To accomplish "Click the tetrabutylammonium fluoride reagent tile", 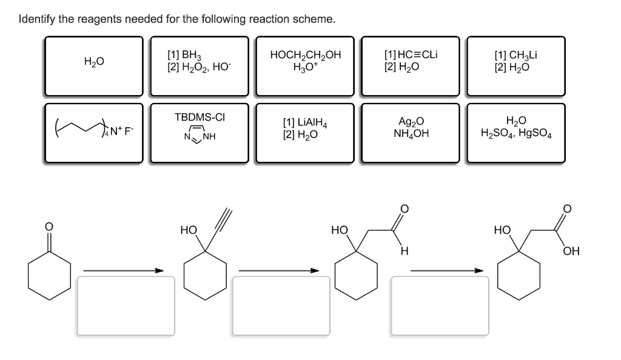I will click(x=94, y=132).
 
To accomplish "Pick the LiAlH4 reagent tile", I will click(x=305, y=132).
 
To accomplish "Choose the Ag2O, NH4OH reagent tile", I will click(x=411, y=132).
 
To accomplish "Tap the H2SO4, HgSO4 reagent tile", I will click(x=515, y=132).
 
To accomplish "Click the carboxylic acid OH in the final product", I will click(x=571, y=251).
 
